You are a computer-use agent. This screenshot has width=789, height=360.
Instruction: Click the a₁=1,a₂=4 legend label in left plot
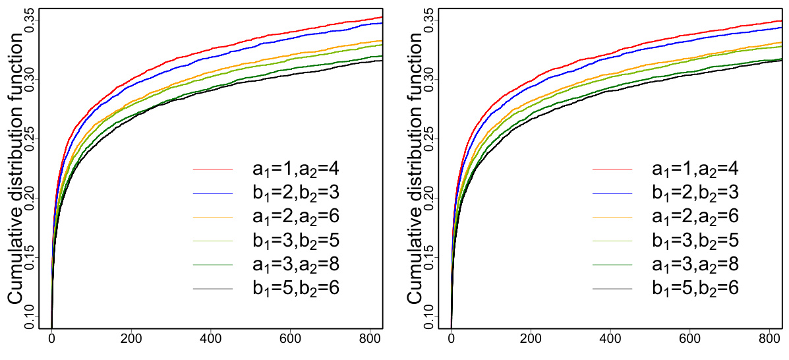[x=296, y=169]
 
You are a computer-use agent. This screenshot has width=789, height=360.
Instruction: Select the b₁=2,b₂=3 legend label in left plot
[x=296, y=193]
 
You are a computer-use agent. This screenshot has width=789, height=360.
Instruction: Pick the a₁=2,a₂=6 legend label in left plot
[x=296, y=217]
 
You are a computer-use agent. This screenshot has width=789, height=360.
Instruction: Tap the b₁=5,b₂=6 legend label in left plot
[x=296, y=289]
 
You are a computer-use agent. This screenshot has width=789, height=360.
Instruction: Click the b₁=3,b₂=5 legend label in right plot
[x=695, y=241]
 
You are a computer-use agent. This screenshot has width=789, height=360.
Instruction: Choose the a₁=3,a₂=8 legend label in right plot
[x=695, y=264]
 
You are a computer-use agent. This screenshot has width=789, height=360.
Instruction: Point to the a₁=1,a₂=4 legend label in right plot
[x=695, y=169]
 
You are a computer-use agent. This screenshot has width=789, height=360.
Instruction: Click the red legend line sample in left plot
[x=213, y=169]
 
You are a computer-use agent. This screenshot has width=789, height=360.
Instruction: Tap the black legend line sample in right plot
[x=612, y=289]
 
